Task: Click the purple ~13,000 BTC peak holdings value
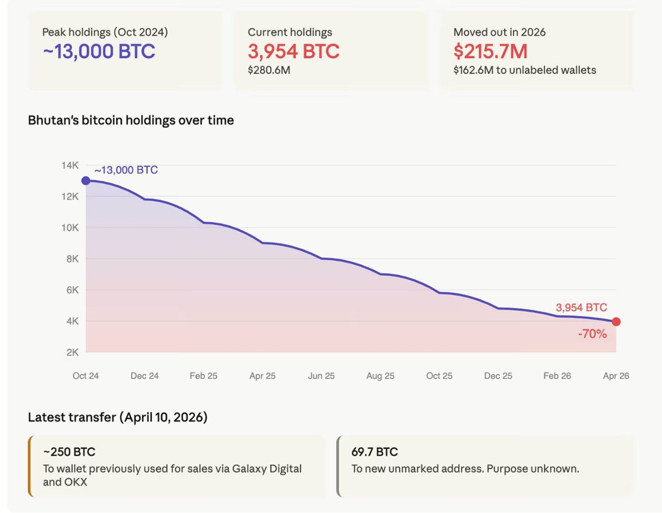pos(99,51)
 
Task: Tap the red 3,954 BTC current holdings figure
pos(293,51)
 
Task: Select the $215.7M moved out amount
pos(490,51)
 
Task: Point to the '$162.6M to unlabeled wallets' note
pos(525,70)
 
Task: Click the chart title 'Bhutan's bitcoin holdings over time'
pos(131,120)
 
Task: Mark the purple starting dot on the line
pos(86,181)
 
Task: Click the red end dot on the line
pos(616,322)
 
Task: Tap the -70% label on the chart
pos(592,334)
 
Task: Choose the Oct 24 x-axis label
pos(86,376)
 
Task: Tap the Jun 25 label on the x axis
pos(321,376)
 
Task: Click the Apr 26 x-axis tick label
pos(616,376)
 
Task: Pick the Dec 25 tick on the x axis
pos(498,376)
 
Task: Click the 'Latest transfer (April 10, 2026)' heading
pos(118,418)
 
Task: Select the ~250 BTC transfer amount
pos(70,452)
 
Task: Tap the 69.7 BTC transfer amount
pos(375,452)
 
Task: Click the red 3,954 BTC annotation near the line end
pos(581,308)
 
